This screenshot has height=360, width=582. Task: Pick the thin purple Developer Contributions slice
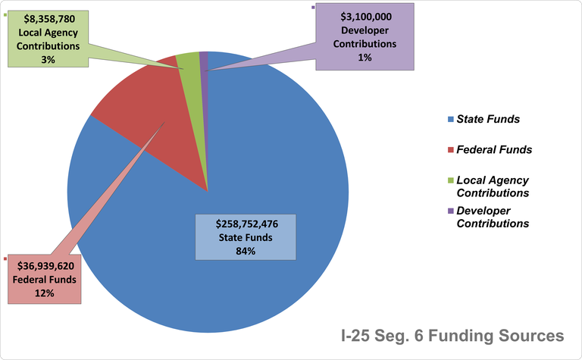(x=204, y=61)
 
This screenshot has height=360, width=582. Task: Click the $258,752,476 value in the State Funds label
(x=246, y=225)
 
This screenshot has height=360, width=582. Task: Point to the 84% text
(x=246, y=251)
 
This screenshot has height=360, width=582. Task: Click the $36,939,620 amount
(x=44, y=265)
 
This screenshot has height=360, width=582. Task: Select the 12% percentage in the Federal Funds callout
(x=44, y=293)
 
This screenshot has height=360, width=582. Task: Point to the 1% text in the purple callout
(x=366, y=58)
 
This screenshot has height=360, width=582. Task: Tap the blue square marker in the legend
(x=450, y=120)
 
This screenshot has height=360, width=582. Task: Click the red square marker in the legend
(x=450, y=150)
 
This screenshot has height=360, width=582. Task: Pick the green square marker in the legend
(x=450, y=180)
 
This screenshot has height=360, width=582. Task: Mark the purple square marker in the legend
(x=450, y=211)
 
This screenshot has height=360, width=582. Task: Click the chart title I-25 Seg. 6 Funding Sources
(x=450, y=334)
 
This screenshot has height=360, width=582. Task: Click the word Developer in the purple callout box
(x=366, y=30)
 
